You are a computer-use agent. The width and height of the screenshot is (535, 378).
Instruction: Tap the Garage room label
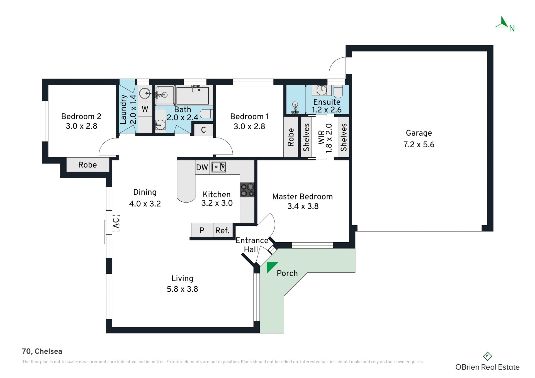click(419, 133)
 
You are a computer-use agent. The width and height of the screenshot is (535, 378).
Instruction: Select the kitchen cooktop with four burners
click(247, 190)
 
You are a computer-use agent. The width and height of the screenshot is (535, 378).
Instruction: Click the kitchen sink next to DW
click(219, 167)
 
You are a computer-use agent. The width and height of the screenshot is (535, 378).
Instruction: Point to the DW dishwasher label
click(202, 167)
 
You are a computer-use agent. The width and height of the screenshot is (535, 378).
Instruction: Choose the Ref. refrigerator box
click(223, 230)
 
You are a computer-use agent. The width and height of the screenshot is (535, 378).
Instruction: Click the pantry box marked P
click(202, 230)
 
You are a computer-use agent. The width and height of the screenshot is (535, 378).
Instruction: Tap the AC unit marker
click(116, 223)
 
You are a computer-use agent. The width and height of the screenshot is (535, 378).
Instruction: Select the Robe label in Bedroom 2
click(87, 165)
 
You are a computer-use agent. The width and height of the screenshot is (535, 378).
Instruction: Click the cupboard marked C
click(203, 130)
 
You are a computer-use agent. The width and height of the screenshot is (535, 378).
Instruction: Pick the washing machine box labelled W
click(145, 109)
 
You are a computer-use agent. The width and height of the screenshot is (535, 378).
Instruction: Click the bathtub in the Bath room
click(193, 95)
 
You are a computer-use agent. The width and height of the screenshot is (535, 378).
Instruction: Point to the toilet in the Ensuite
click(338, 91)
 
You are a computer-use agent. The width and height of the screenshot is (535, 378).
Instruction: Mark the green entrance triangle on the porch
click(271, 266)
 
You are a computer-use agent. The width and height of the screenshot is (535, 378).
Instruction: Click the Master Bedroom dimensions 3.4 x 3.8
click(303, 206)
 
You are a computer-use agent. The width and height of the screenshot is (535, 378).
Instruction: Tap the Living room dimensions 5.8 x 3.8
click(183, 289)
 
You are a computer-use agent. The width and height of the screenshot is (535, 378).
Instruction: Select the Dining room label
click(145, 192)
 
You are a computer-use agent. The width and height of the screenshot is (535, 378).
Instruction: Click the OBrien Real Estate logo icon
click(487, 356)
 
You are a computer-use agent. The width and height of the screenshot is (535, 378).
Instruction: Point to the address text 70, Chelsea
click(42, 351)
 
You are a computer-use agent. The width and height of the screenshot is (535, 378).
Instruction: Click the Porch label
click(287, 273)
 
